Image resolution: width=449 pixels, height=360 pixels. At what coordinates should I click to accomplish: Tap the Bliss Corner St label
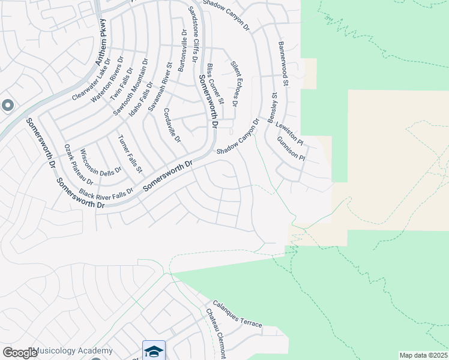click(x=215, y=83)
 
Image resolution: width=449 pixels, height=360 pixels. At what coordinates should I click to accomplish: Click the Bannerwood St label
click(x=283, y=64)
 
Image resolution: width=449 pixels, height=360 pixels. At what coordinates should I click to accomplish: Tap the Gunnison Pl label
click(x=292, y=149)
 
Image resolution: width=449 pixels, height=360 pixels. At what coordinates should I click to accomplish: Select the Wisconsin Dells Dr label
click(x=100, y=161)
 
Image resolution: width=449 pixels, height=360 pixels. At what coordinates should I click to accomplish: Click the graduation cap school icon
click(x=154, y=351)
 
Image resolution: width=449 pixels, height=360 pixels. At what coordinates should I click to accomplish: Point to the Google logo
click(x=20, y=353)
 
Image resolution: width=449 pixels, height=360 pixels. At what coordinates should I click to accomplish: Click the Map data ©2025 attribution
click(x=423, y=355)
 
